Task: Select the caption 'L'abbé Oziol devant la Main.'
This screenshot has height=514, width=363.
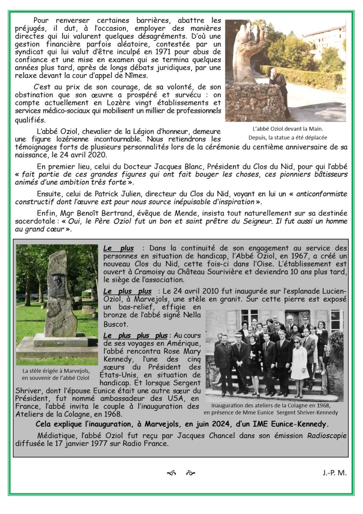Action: [287, 129]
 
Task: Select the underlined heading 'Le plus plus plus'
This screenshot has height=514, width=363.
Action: [135, 335]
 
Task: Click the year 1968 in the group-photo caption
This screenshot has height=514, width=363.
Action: [323, 405]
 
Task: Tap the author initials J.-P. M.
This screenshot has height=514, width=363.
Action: [334, 473]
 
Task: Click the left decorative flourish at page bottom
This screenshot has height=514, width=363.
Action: [171, 473]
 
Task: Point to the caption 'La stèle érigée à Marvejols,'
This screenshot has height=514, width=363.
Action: [56, 371]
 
